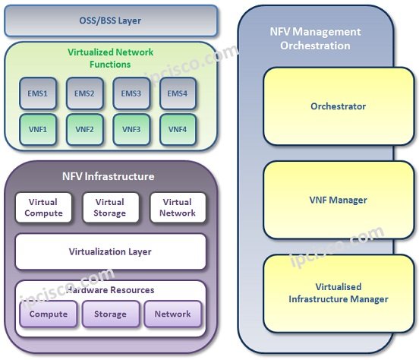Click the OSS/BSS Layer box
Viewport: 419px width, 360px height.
[110, 21]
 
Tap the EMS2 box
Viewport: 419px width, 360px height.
[83, 94]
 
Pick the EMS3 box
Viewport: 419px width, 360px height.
[131, 94]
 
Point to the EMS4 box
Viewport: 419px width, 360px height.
[178, 94]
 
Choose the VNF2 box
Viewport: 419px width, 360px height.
[83, 129]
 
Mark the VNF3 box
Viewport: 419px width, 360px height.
[131, 129]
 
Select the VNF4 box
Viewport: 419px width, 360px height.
[178, 129]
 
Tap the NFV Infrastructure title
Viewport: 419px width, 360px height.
[108, 176]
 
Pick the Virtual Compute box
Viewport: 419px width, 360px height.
[44, 208]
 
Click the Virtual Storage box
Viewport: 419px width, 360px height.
[110, 208]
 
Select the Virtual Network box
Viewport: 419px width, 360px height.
[177, 208]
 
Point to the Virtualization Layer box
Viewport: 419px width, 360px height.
[110, 251]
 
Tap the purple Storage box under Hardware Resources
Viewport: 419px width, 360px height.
[111, 314]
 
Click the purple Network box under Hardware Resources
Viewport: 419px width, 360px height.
[173, 314]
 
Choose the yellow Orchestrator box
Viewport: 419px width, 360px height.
[338, 106]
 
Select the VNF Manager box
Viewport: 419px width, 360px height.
[338, 201]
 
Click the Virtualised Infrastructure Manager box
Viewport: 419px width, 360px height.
[338, 293]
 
